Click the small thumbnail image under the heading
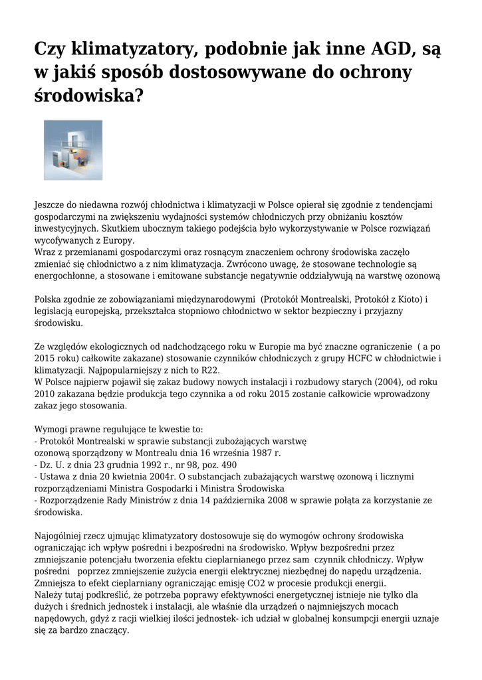coord(73,150)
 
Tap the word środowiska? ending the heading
coord(88,95)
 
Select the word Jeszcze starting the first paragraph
coord(51,205)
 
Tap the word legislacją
coord(55,311)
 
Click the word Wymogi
coord(51,429)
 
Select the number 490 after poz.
coord(227,464)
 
